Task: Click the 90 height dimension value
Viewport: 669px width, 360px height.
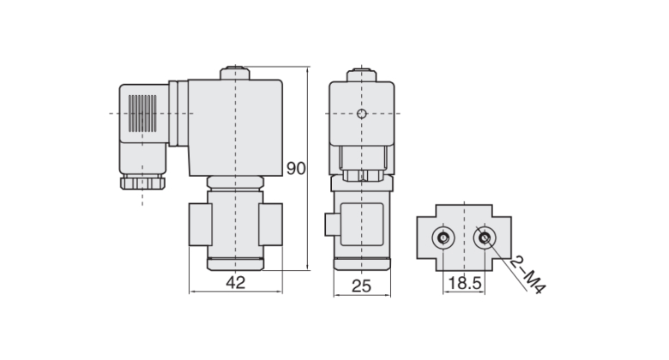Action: [x=296, y=168]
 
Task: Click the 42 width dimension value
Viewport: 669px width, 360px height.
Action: [x=235, y=284]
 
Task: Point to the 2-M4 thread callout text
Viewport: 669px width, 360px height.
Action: [x=527, y=275]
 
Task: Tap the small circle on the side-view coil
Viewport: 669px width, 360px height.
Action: [x=362, y=114]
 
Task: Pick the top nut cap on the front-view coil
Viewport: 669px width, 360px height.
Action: [x=234, y=73]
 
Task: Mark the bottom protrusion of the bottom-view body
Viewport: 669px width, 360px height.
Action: [x=464, y=265]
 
